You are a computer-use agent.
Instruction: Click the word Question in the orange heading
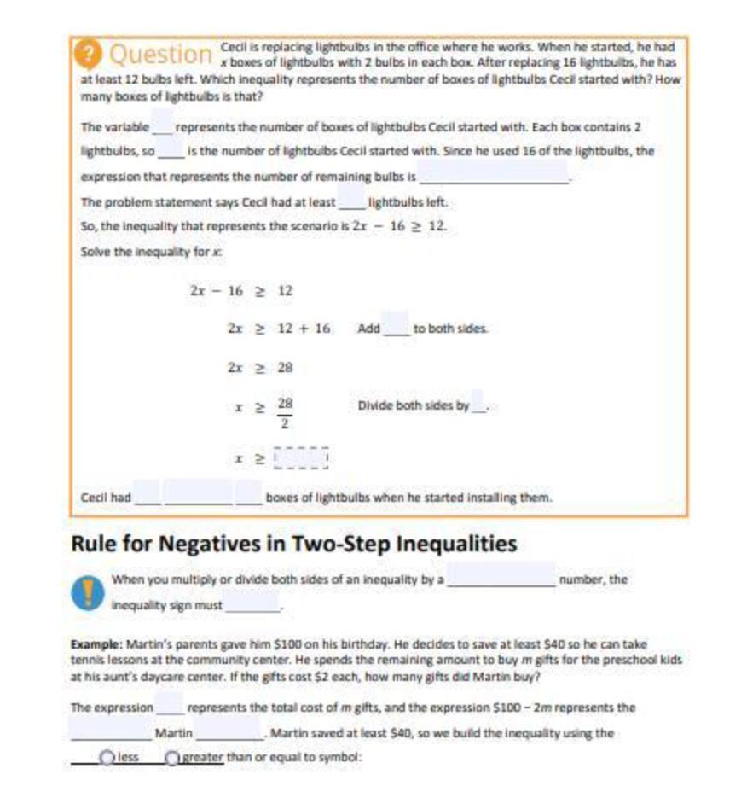tap(160, 55)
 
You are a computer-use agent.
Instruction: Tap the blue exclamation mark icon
tap(86, 593)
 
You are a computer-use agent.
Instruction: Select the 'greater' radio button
tap(172, 757)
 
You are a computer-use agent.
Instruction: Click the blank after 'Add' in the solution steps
tap(396, 327)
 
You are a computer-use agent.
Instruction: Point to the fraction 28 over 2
tap(286, 411)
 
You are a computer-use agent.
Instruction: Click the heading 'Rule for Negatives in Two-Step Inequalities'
tap(293, 544)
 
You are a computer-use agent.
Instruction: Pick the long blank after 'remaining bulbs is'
tap(494, 177)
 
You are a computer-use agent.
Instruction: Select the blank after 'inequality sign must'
tap(253, 604)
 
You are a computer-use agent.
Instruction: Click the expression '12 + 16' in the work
tap(304, 329)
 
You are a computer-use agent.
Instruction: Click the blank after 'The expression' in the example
tap(169, 707)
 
